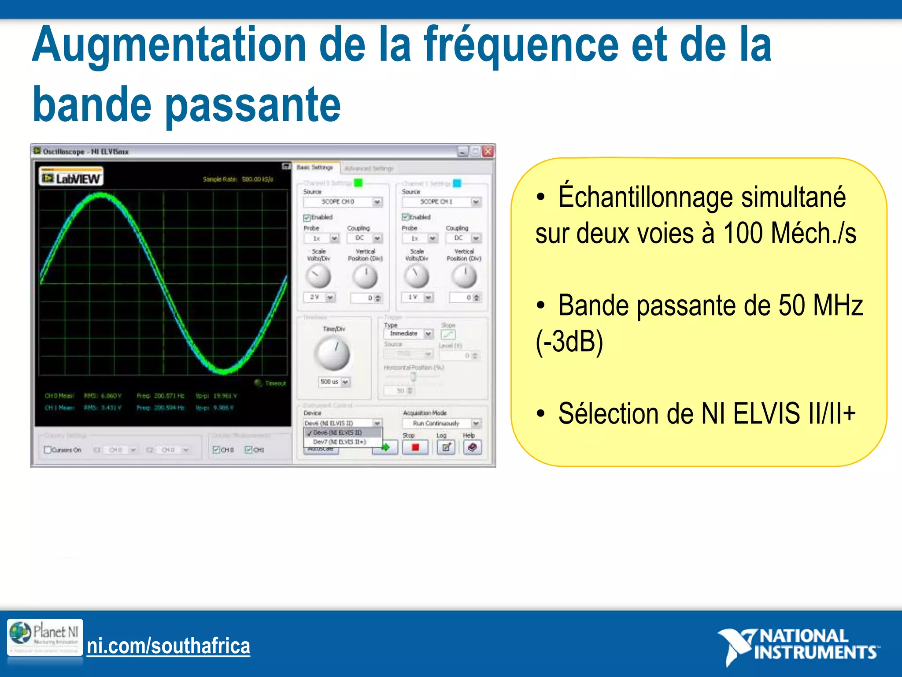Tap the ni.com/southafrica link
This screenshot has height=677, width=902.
point(168,646)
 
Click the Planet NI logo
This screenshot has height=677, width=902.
point(44,636)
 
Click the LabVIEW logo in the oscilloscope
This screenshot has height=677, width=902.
point(71,178)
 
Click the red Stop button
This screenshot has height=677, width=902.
point(414,447)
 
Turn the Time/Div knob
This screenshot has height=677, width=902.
point(332,353)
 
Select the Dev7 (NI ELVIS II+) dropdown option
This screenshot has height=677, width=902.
point(339,442)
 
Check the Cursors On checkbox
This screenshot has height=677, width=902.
point(48,450)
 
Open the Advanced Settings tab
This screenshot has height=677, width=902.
point(369,168)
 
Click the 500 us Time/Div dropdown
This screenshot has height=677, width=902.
point(334,382)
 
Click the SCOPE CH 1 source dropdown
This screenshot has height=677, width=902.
point(441,201)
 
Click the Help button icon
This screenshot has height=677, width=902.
point(472,447)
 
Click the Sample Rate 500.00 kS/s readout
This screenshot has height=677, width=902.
point(238,179)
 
